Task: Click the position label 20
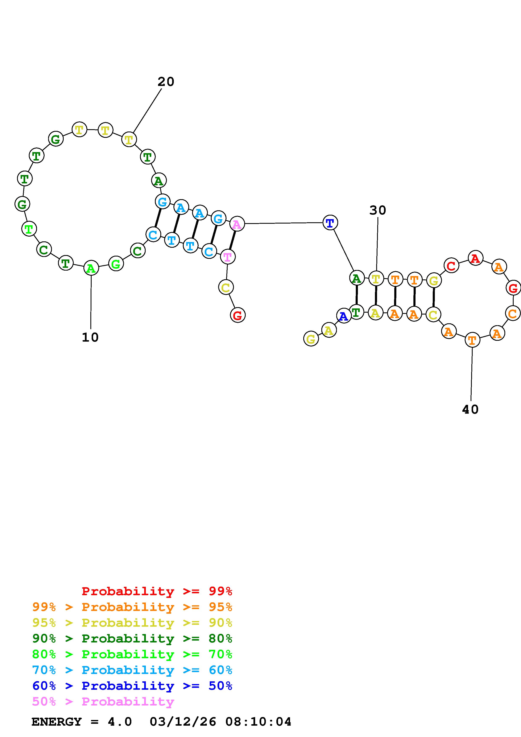(166, 82)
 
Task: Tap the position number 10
(90, 337)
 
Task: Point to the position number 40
(470, 410)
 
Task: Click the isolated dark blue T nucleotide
(330, 222)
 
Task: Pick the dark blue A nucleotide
(343, 316)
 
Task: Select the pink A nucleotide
(237, 224)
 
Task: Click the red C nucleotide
(451, 266)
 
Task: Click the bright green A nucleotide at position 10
(91, 268)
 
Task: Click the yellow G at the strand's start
(311, 339)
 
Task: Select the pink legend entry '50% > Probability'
(103, 702)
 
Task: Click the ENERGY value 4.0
(120, 722)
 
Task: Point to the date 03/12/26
(183, 722)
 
